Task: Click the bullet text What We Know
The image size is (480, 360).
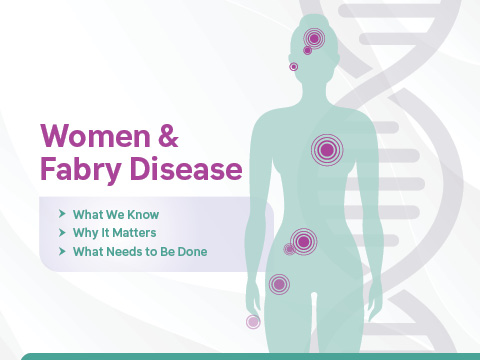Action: click(x=115, y=214)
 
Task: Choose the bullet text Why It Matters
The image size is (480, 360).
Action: click(x=115, y=233)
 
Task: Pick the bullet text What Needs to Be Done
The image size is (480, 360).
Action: click(x=139, y=252)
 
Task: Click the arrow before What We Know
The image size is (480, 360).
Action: click(x=63, y=214)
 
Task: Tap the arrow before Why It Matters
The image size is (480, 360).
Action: click(x=63, y=233)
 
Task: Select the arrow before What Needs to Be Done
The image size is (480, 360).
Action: click(x=63, y=252)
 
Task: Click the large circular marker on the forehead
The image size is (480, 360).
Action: click(x=314, y=39)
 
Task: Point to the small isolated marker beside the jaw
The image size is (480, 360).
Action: click(x=293, y=67)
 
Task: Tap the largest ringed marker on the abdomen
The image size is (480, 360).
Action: click(x=303, y=242)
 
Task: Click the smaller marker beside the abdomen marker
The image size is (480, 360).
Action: click(x=289, y=249)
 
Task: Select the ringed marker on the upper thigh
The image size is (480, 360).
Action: click(x=279, y=285)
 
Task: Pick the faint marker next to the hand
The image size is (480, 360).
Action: click(x=253, y=322)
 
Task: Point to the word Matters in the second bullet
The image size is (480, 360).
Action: click(x=135, y=233)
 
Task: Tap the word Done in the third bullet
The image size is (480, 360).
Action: click(x=191, y=252)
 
